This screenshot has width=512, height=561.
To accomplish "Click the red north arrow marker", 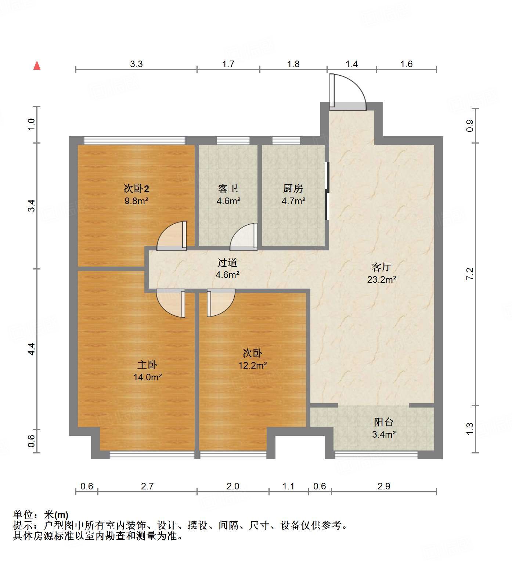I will pyautogui.click(x=37, y=65).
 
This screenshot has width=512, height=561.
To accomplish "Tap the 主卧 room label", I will pyautogui.click(x=147, y=365).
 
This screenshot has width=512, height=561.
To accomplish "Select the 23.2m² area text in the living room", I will pyautogui.click(x=381, y=279).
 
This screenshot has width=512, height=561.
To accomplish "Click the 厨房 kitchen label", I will pyautogui.click(x=293, y=189).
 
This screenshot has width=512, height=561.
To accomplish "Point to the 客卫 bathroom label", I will pyautogui.click(x=228, y=189).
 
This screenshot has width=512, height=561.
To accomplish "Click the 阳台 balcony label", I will pyautogui.click(x=384, y=422).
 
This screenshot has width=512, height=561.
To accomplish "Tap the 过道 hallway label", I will pyautogui.click(x=227, y=263).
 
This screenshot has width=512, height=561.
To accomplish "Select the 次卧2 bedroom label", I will pyautogui.click(x=136, y=189).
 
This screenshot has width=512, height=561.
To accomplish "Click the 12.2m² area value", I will pyautogui.click(x=252, y=365).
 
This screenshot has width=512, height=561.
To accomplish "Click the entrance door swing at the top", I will pyautogui.click(x=347, y=92).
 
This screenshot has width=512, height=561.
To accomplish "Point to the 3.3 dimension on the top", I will pyautogui.click(x=136, y=64).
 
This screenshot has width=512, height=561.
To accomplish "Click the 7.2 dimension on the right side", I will pyautogui.click(x=470, y=274).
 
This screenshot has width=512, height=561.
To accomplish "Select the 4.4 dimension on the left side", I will pyautogui.click(x=32, y=348).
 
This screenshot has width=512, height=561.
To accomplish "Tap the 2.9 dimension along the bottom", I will pyautogui.click(x=384, y=486).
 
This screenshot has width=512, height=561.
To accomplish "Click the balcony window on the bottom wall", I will pyautogui.click(x=376, y=455).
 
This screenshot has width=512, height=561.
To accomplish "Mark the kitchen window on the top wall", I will pyautogui.click(x=286, y=140).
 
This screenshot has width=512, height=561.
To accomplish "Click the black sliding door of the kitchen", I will pyautogui.click(x=327, y=191).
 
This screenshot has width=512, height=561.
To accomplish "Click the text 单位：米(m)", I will pyautogui.click(x=41, y=515).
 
